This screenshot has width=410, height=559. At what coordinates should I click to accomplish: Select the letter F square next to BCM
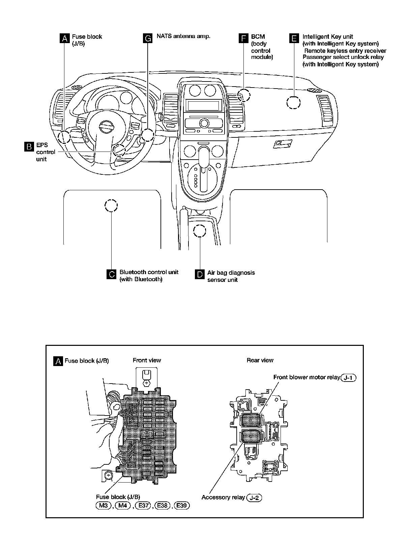(x=243, y=38)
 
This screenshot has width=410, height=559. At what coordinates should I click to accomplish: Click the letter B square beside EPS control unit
(x=29, y=146)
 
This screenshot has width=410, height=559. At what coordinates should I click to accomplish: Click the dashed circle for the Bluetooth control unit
(x=111, y=205)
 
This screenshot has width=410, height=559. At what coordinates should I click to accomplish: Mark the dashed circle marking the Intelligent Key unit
(x=293, y=102)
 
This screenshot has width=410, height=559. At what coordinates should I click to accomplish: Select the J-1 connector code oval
(x=349, y=377)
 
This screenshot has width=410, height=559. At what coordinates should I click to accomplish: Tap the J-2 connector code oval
(x=254, y=497)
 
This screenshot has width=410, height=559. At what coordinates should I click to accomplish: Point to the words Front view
(x=147, y=360)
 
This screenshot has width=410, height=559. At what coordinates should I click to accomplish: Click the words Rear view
(x=260, y=360)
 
